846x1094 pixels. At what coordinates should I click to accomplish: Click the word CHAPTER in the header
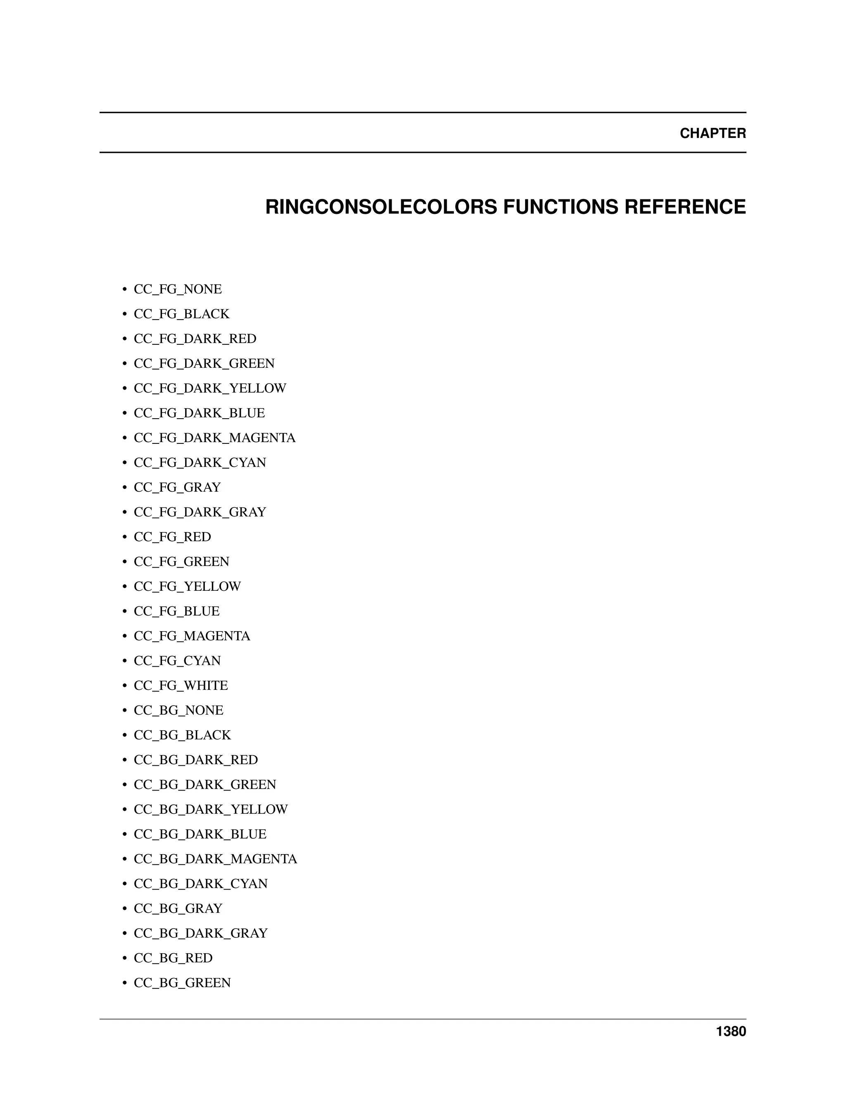pyautogui.click(x=712, y=133)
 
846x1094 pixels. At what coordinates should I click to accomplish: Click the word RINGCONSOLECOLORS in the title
pyautogui.click(x=381, y=207)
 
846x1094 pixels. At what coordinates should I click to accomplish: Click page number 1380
pyautogui.click(x=731, y=1031)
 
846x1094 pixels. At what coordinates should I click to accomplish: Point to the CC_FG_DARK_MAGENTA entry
pyautogui.click(x=214, y=438)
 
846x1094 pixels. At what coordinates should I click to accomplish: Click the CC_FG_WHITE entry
pyautogui.click(x=181, y=685)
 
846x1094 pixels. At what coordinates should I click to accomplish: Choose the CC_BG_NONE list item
pyautogui.click(x=178, y=710)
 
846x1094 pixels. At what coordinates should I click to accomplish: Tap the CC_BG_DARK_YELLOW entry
pyautogui.click(x=211, y=809)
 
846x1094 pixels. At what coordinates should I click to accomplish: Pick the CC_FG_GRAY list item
pyautogui.click(x=177, y=488)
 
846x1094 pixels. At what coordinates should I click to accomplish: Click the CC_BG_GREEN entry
pyautogui.click(x=182, y=983)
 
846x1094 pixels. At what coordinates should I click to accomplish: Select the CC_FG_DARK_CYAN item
pyautogui.click(x=200, y=463)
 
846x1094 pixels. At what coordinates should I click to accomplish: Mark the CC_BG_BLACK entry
pyautogui.click(x=183, y=735)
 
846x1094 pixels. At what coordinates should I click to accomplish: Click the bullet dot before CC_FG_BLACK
pyautogui.click(x=124, y=315)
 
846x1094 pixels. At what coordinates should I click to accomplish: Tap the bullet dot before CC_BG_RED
pyautogui.click(x=124, y=959)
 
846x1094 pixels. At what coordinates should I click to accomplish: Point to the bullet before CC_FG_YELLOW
pyautogui.click(x=124, y=587)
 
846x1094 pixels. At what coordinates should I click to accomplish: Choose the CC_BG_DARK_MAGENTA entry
pyautogui.click(x=216, y=859)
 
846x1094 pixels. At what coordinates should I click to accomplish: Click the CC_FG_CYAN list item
pyautogui.click(x=177, y=661)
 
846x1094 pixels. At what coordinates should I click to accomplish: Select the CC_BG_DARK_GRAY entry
pyautogui.click(x=200, y=933)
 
